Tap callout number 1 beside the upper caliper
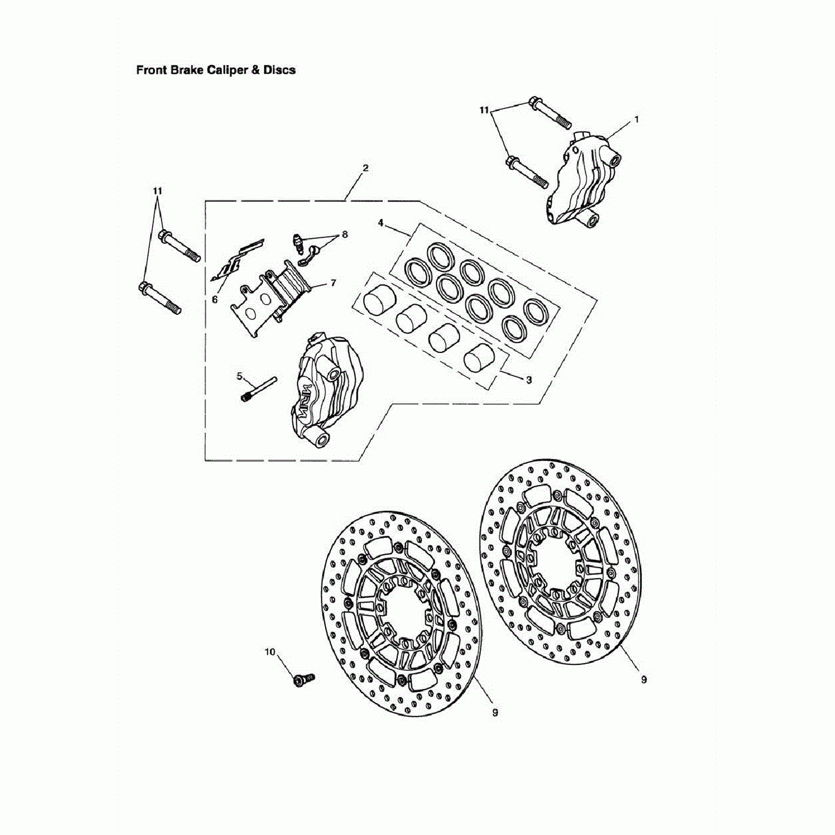[636, 119]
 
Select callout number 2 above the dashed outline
[366, 168]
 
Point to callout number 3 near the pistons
[528, 380]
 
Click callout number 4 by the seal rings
[381, 223]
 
